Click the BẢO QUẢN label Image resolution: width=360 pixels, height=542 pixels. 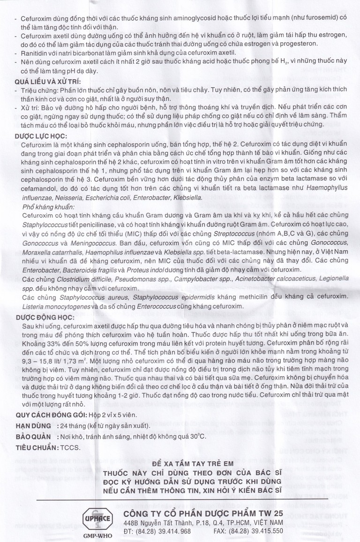[x=33, y=436]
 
